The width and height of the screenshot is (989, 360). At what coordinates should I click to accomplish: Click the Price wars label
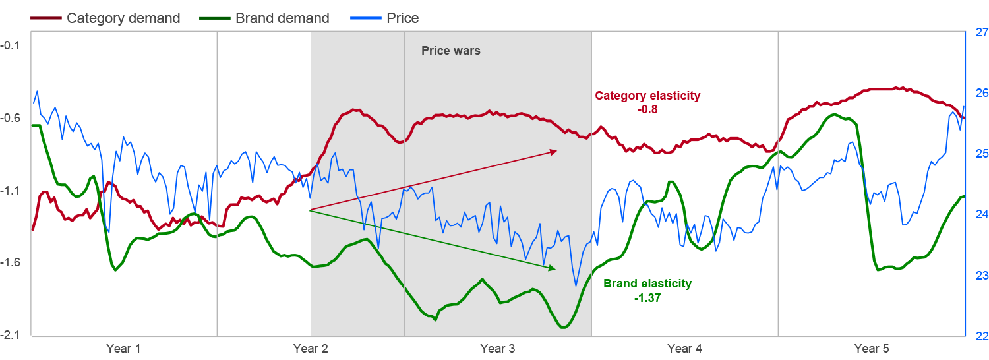pos(451,51)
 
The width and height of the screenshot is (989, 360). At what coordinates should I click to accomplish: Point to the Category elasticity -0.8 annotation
pos(647,102)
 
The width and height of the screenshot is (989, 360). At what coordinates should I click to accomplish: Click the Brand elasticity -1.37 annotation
pos(647,291)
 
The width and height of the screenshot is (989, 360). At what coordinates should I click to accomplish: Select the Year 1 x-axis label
pos(123,349)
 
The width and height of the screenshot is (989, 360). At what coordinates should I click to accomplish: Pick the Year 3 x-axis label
pos(498,349)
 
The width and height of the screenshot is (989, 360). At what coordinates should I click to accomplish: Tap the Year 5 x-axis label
pos(872,349)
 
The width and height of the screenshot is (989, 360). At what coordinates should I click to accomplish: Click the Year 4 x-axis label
pos(684,349)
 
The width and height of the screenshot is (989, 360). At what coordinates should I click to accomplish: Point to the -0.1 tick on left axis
pos(11,45)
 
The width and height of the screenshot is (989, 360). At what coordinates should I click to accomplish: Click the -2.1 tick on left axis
pos(11,336)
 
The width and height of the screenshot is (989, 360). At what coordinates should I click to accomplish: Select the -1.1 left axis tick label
pos(11,191)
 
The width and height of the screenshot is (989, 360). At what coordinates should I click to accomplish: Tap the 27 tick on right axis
pos(981,32)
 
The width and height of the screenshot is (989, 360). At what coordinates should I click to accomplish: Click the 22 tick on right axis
pos(981,336)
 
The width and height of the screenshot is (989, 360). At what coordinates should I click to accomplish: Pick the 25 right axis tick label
pos(981,154)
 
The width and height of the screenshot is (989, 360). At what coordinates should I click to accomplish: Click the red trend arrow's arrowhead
pos(554,151)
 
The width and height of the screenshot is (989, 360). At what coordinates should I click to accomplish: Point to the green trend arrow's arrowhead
pos(553,268)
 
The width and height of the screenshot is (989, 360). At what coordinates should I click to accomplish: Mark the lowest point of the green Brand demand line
pos(564,328)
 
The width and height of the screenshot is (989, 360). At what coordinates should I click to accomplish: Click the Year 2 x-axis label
pos(311,349)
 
